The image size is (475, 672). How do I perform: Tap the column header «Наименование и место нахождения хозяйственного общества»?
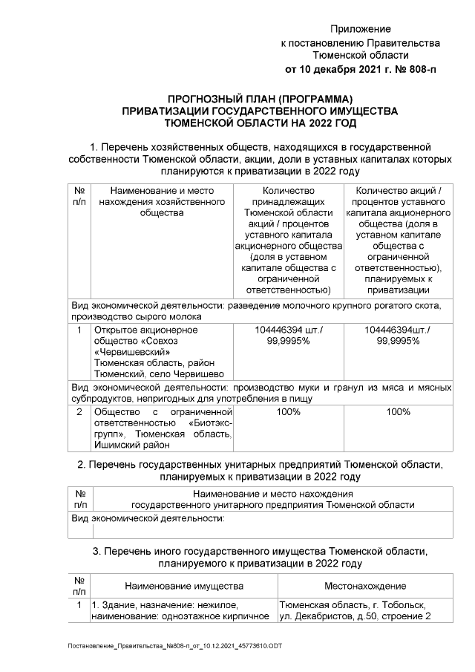(161, 201)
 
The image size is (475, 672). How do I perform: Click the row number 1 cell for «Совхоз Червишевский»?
(79, 329)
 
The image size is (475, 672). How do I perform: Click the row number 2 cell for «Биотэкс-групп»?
(79, 411)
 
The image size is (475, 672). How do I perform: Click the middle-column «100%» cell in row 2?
(287, 411)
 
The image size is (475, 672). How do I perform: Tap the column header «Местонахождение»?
(364, 586)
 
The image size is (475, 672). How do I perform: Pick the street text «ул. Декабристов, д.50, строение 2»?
(354, 616)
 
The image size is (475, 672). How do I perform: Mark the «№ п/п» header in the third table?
(79, 585)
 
